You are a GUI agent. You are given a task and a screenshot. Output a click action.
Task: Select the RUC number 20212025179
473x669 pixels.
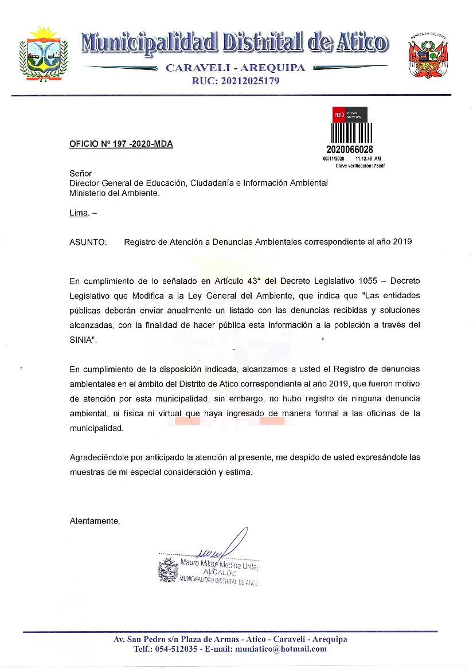click(236, 81)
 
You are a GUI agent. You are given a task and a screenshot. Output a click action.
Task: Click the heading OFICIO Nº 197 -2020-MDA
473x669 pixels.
click(121, 144)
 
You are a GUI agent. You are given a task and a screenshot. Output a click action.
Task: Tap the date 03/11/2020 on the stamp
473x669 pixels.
click(333, 158)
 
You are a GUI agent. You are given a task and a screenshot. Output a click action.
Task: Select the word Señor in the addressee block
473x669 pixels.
click(80, 173)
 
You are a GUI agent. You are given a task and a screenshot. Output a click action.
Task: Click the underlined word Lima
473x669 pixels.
click(79, 213)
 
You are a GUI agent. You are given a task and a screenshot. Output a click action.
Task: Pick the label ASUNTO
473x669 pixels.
click(88, 242)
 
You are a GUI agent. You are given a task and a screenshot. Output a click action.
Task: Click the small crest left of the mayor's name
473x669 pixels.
click(168, 572)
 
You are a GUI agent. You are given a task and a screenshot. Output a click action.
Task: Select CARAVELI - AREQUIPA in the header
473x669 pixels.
click(235, 68)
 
